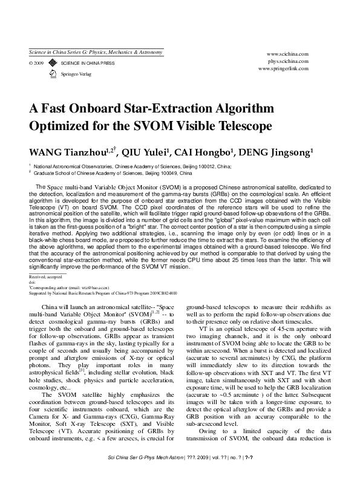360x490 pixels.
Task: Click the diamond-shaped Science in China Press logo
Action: coord(53,62)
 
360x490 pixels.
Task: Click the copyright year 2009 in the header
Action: coord(37,62)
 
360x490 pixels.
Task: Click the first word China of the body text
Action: coord(59,308)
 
